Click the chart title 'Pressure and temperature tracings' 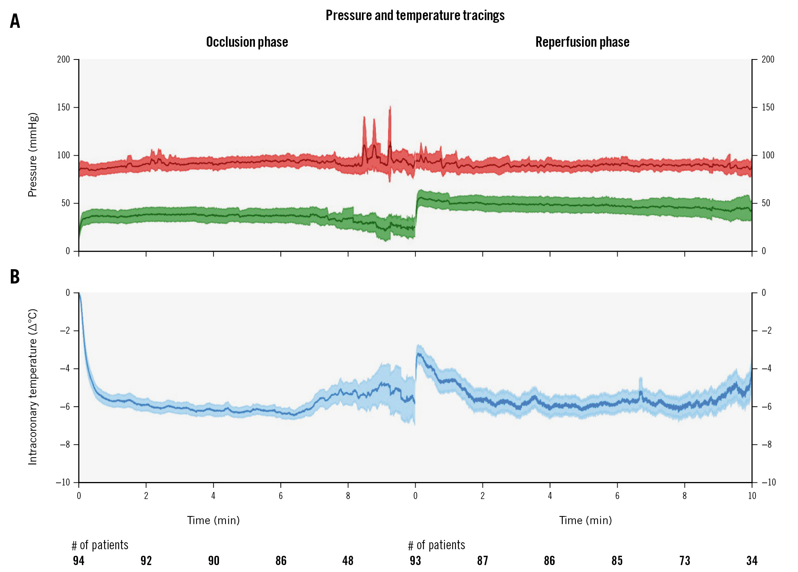click(x=415, y=15)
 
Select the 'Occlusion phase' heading click(x=247, y=42)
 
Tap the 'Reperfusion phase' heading click(x=582, y=42)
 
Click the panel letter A click(x=15, y=21)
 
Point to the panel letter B click(x=15, y=277)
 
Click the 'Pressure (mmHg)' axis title click(x=32, y=155)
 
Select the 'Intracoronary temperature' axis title click(x=32, y=387)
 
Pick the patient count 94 click(x=78, y=561)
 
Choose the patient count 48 click(x=348, y=561)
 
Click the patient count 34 click(x=752, y=561)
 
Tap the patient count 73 click(x=684, y=561)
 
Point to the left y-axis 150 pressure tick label click(x=64, y=107)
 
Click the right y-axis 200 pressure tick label click(x=768, y=59)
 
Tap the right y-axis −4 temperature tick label click(x=766, y=368)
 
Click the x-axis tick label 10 click(x=752, y=496)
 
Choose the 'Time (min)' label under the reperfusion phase click(x=585, y=521)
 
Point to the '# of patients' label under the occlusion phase click(x=100, y=545)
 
